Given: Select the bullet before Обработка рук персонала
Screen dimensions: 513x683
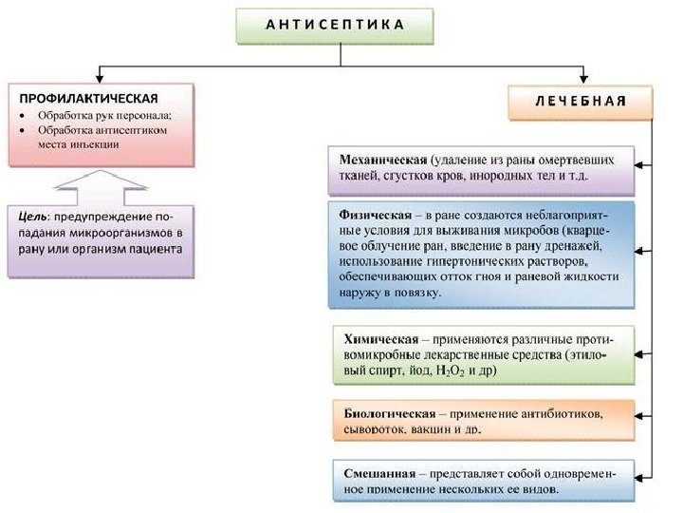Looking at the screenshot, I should pos(22,116).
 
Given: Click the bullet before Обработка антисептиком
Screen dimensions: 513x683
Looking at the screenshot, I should pos(22,131).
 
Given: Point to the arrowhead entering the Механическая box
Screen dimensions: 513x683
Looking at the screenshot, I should pos(640,164).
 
